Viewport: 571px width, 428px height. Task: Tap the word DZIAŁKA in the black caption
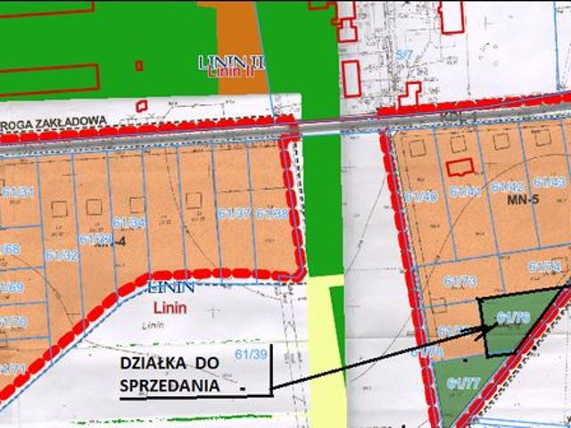pos(150,365)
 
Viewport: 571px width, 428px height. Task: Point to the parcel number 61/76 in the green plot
pos(514,317)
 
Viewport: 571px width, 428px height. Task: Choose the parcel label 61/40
pos(421,196)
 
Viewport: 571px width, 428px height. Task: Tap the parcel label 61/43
pos(550,182)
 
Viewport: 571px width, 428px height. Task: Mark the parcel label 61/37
pos(234,213)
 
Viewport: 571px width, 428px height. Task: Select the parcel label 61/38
pos(272,213)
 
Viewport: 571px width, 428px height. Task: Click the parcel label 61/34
pos(129,222)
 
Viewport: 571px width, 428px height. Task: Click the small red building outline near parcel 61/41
pos(461,167)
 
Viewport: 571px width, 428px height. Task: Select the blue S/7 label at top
pos(404,55)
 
